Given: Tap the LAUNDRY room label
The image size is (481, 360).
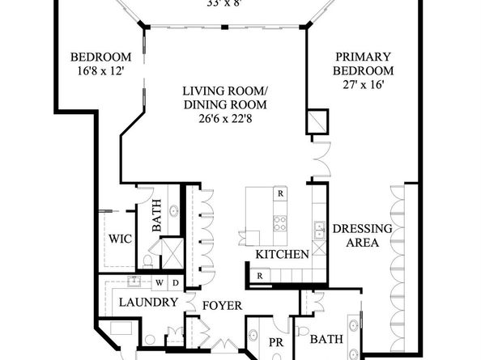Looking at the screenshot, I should coord(148,303).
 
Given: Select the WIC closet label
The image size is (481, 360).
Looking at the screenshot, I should coord(121,239).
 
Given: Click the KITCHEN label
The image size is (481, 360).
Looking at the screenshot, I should coord(282,255).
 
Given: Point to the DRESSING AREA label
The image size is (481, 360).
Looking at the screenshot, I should coord(362,235).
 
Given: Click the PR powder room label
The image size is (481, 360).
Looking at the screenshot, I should coord(274,343).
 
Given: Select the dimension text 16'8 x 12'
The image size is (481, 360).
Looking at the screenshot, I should coord(100,71).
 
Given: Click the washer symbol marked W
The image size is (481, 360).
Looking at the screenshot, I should coord(160,283).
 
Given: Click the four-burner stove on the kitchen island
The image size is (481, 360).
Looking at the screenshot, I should coord(280,222).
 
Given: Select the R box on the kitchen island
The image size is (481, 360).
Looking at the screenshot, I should coord(280,194).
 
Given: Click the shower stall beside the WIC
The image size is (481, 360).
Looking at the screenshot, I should coord(172,253).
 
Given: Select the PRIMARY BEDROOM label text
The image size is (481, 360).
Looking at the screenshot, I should coord(364,64).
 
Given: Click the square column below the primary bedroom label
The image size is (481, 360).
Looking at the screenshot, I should coord(317,121).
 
